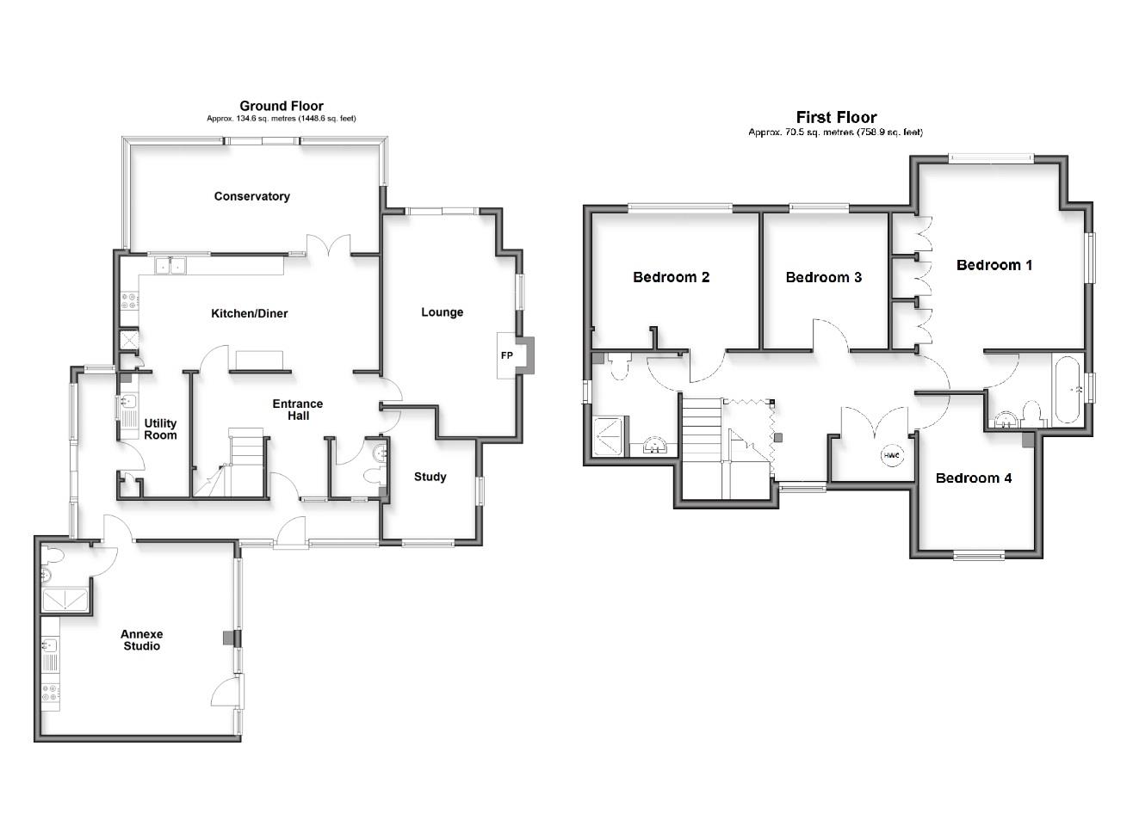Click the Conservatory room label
pyautogui.click(x=251, y=196)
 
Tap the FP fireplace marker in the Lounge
pyautogui.click(x=506, y=355)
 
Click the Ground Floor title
pyautogui.click(x=282, y=107)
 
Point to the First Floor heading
pyautogui.click(x=836, y=118)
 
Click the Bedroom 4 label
pyautogui.click(x=974, y=478)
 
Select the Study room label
pyautogui.click(x=430, y=477)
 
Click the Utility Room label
pyautogui.click(x=160, y=428)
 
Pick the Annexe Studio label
pyautogui.click(x=141, y=640)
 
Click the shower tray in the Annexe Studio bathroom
pyautogui.click(x=65, y=599)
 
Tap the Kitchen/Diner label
pyautogui.click(x=250, y=313)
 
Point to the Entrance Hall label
pyautogui.click(x=298, y=410)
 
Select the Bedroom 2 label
pyautogui.click(x=671, y=277)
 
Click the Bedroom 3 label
pyautogui.click(x=823, y=277)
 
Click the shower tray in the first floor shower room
pyautogui.click(x=610, y=435)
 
